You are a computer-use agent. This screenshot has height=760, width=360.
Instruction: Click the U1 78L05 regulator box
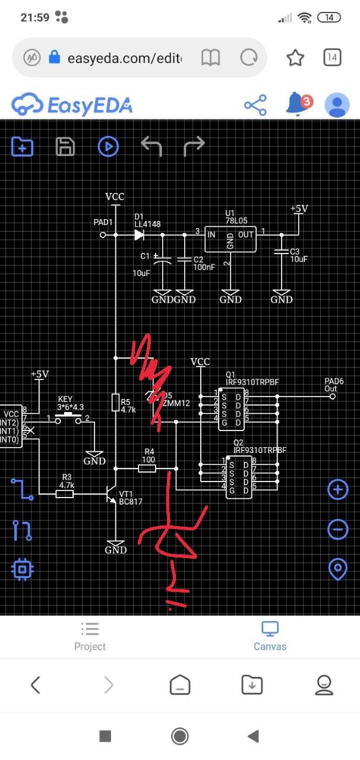(230, 239)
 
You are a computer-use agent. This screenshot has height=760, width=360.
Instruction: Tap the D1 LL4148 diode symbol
(139, 235)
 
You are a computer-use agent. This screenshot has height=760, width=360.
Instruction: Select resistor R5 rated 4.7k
(116, 403)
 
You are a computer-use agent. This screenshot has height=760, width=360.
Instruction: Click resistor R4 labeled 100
(147, 468)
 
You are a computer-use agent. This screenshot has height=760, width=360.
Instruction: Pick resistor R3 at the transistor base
(65, 493)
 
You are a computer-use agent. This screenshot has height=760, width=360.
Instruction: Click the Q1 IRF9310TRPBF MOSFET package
(230, 408)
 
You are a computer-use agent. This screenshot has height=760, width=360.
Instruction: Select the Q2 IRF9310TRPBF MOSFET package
(230, 473)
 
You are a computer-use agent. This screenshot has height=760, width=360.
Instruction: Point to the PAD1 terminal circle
(103, 235)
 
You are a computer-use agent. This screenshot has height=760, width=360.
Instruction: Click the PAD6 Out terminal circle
(332, 396)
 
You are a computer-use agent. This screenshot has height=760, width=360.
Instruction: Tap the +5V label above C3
(299, 209)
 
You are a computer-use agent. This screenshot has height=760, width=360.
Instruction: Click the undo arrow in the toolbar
(151, 146)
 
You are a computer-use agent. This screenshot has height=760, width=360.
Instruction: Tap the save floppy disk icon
(65, 146)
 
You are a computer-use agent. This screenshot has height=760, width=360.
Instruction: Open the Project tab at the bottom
(90, 636)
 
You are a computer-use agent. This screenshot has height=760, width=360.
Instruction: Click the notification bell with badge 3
(296, 105)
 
